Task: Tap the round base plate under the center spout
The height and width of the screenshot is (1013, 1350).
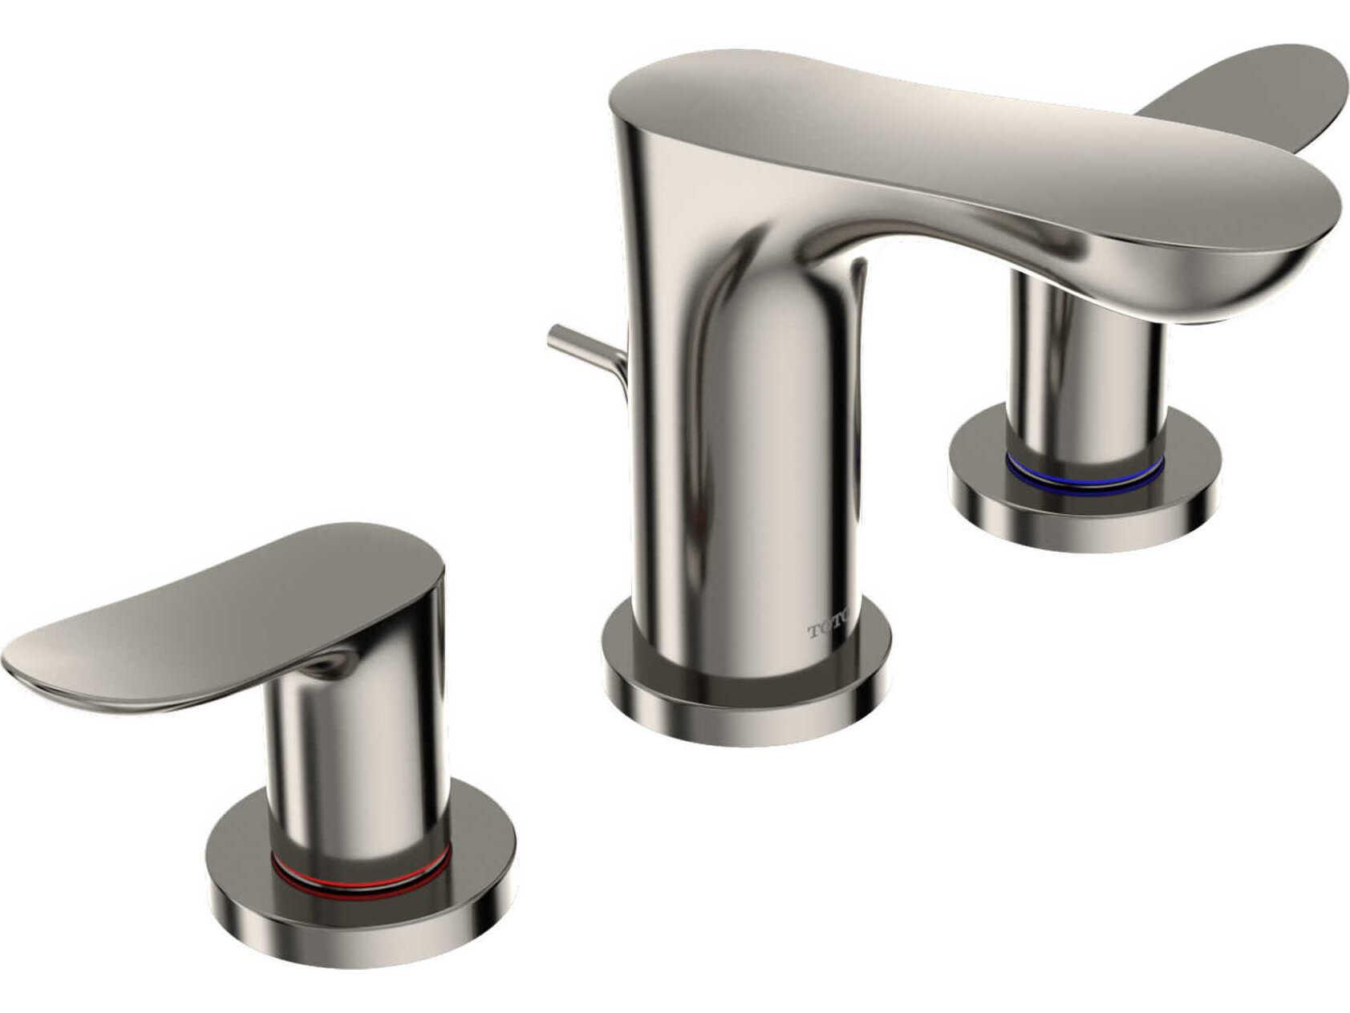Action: click(x=746, y=706)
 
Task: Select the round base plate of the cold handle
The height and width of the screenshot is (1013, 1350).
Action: click(x=1083, y=513)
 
